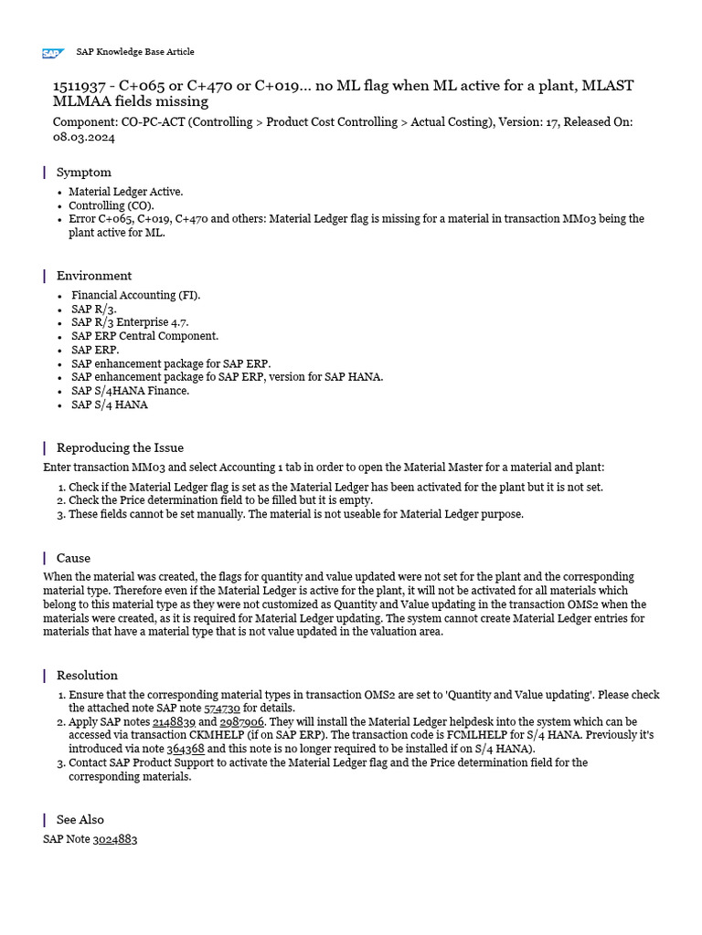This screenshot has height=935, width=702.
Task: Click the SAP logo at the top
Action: [x=52, y=53]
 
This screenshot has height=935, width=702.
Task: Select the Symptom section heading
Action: [x=83, y=172]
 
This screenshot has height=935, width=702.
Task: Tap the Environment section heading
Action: [x=93, y=275]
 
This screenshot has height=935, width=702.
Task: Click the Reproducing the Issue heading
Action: [x=119, y=447]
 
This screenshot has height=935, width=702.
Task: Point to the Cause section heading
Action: [x=73, y=558]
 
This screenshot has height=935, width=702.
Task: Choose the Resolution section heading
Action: [x=87, y=676]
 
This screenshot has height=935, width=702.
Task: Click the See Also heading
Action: [x=80, y=819]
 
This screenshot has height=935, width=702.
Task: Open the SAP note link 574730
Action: [x=221, y=708]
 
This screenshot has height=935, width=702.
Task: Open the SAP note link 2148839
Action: [x=174, y=721]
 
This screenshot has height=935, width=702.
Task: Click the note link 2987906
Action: [x=242, y=721]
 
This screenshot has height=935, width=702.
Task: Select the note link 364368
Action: [x=186, y=748]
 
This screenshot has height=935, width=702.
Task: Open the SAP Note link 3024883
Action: [x=114, y=838]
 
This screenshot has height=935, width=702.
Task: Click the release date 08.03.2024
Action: [x=84, y=137]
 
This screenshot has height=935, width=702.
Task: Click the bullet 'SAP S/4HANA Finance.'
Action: [x=130, y=391]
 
